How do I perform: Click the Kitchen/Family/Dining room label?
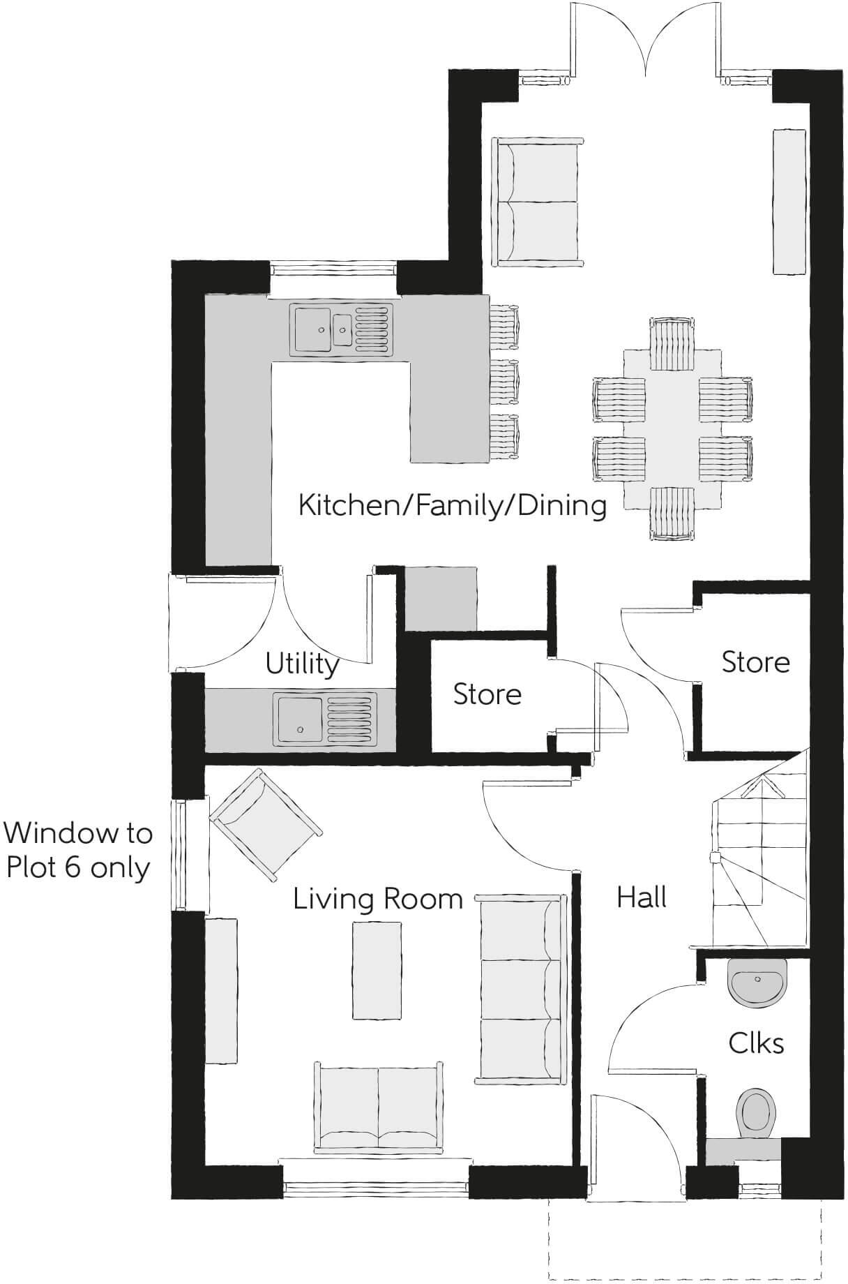point(452,505)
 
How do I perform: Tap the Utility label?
point(302,664)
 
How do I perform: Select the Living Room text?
point(377,899)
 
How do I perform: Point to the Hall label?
point(642,897)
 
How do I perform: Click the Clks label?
point(756,1043)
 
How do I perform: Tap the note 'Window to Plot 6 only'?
point(77,850)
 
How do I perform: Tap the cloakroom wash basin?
point(757,981)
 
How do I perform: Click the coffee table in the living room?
point(377,970)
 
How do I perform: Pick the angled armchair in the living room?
point(266,826)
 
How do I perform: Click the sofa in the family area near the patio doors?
point(537,202)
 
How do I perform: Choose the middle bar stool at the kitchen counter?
point(505,382)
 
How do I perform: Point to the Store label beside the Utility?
point(487,694)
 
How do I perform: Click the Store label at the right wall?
point(755,662)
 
